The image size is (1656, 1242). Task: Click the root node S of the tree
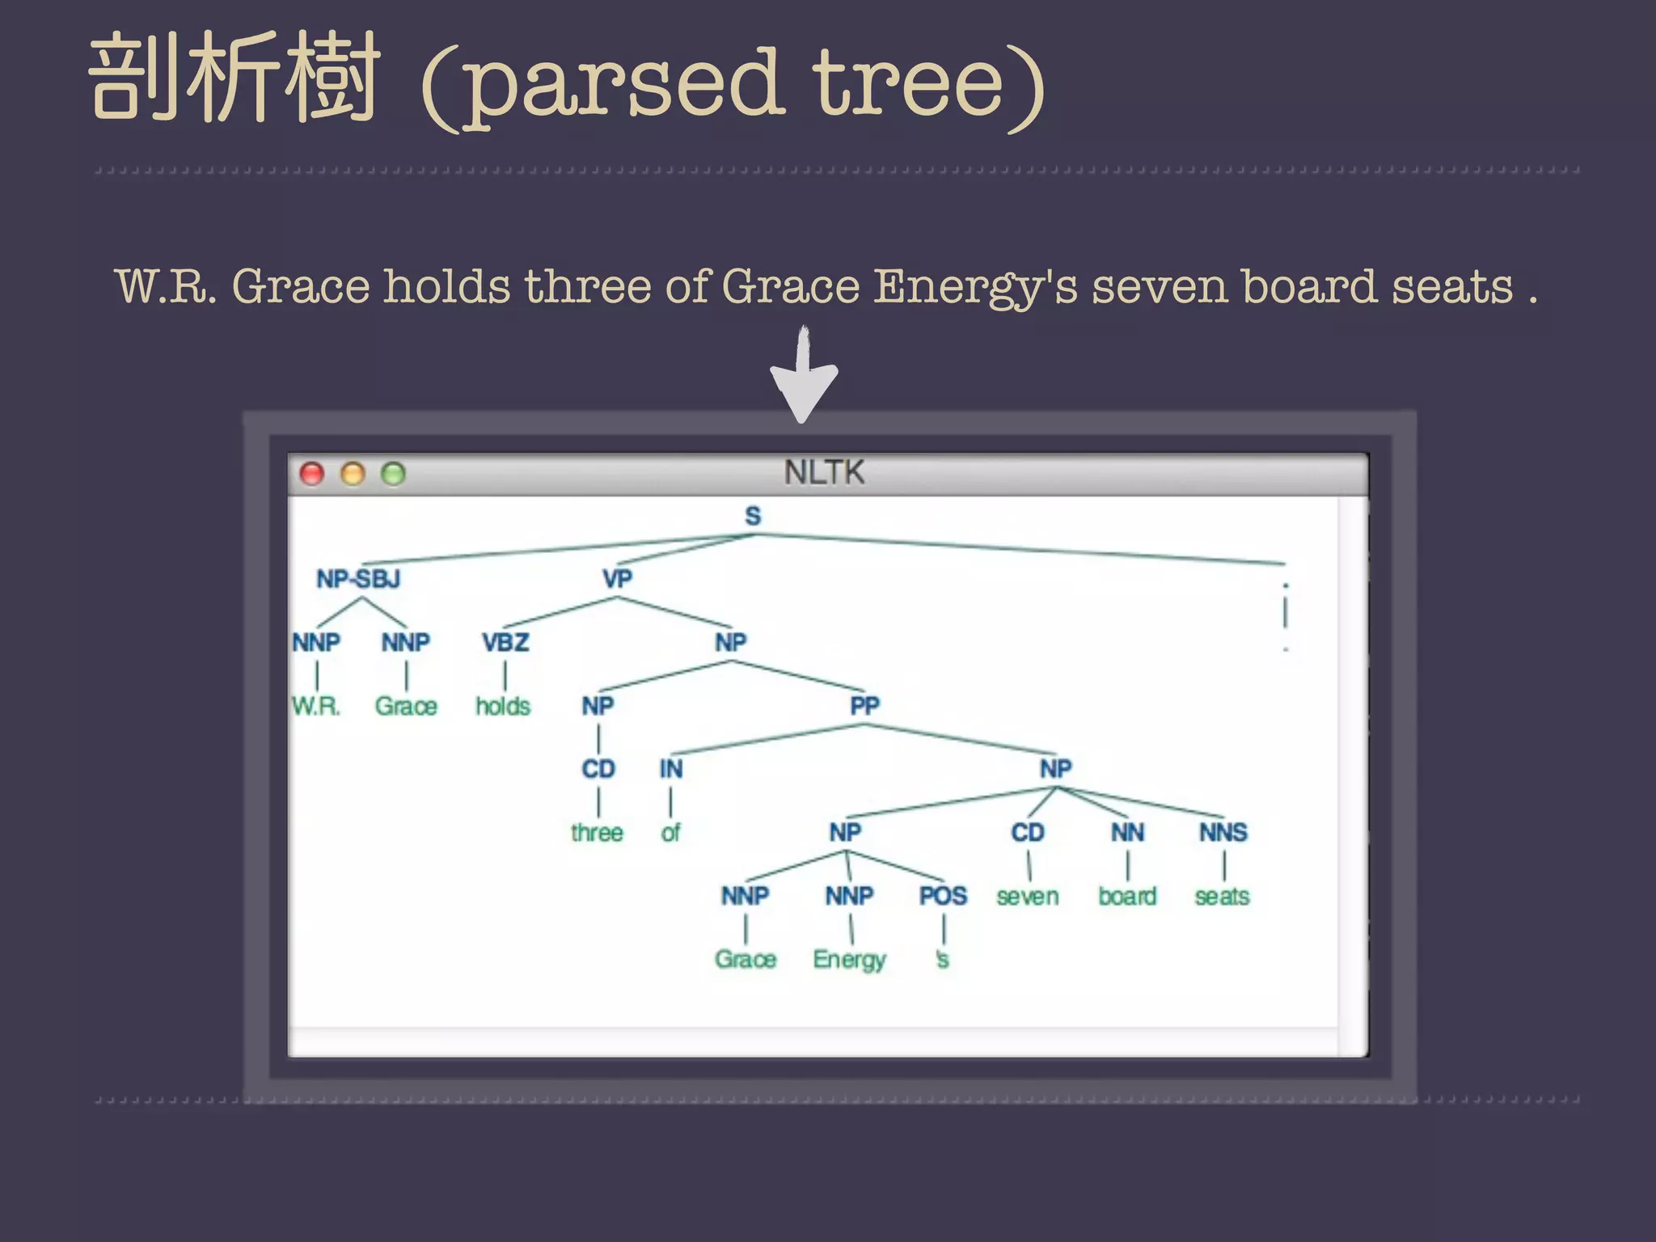coord(753,516)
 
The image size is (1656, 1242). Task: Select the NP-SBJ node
coord(358,579)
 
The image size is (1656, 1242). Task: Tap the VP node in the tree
coord(617,579)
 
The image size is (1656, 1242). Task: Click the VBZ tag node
coord(505,643)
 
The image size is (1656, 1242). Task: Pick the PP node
coord(864,706)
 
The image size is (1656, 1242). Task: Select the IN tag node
coord(670,769)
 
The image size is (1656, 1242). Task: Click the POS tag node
coord(943,896)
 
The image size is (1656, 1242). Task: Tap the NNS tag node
coord(1223,832)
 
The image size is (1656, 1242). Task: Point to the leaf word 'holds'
coord(503,707)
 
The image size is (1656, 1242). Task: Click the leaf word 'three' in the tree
coord(597,833)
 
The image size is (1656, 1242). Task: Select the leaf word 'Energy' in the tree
coord(849,960)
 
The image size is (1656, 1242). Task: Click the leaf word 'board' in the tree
coord(1127,896)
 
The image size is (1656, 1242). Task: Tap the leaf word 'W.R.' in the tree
coord(316,707)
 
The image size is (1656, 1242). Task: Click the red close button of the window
coord(312,474)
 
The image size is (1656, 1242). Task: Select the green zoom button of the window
coord(393,474)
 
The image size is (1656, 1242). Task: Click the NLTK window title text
coord(824,472)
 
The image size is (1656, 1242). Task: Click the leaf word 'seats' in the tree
coord(1222,896)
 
